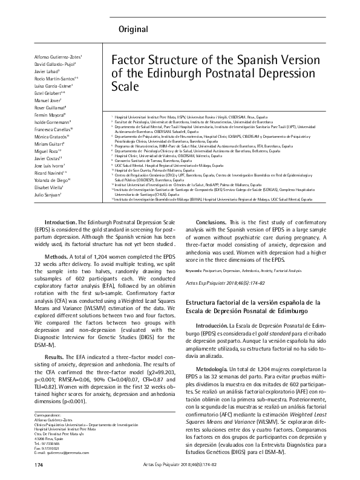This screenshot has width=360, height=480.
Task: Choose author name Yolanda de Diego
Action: point(51,180)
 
